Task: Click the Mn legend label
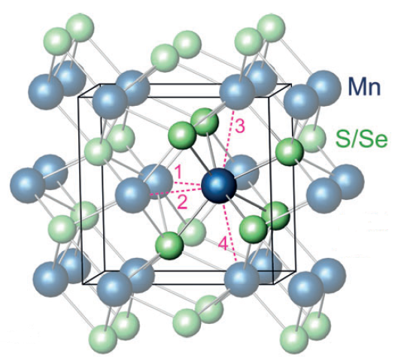(364, 86)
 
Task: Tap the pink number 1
(178, 172)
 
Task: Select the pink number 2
(183, 202)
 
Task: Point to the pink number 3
(240, 126)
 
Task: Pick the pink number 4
(223, 244)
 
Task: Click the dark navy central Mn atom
(219, 186)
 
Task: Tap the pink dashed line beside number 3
(229, 139)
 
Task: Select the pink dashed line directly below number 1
(188, 183)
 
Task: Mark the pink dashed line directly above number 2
(175, 191)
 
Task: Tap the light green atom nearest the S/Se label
(312, 138)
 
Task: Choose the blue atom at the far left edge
(27, 186)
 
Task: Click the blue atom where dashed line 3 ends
(237, 92)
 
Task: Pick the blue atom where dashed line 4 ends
(242, 280)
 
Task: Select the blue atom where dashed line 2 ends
(132, 195)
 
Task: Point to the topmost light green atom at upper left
(80, 28)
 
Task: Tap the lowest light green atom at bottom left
(104, 339)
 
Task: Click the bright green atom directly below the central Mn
(169, 245)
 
